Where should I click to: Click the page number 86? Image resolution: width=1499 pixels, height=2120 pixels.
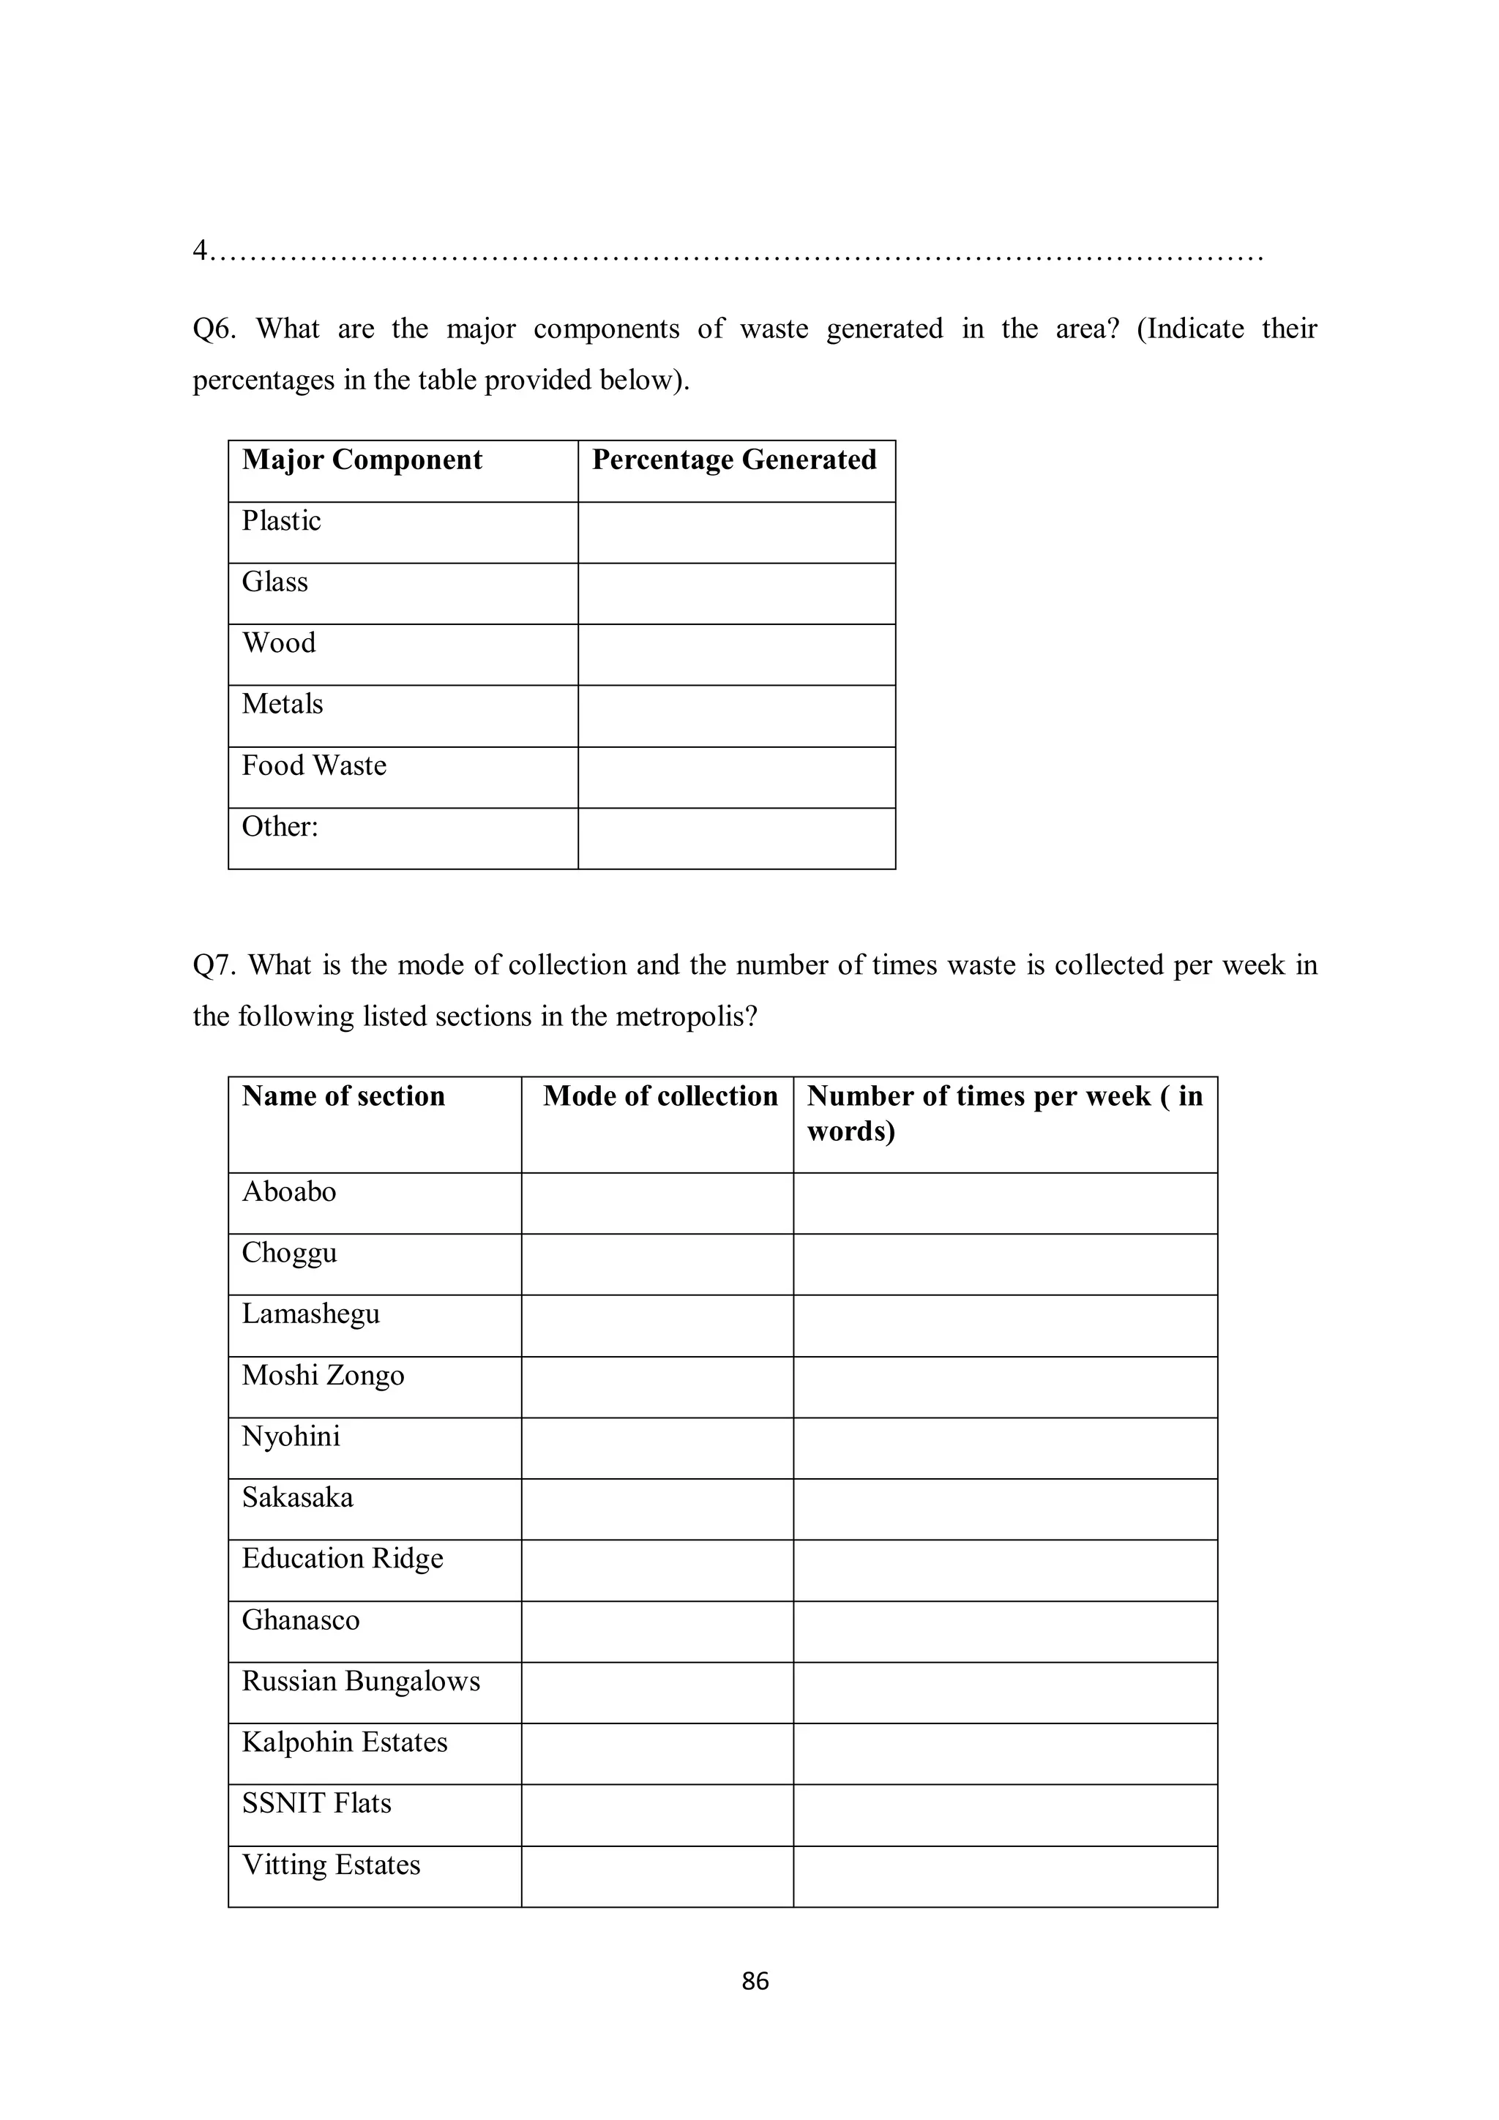tap(755, 1980)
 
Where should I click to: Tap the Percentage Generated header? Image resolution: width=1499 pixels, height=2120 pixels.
tap(733, 460)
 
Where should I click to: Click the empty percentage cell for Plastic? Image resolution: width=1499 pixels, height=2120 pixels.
tap(736, 533)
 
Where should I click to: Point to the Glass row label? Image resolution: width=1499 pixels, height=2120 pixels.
tap(274, 582)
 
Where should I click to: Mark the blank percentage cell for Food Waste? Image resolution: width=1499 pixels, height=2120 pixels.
tap(736, 777)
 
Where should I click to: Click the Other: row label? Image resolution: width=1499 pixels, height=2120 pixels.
tap(280, 826)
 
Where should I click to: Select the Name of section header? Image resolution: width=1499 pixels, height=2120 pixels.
tap(343, 1096)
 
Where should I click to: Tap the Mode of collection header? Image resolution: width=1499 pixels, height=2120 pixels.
tap(659, 1096)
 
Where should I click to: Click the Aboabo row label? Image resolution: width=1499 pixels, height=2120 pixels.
tap(288, 1192)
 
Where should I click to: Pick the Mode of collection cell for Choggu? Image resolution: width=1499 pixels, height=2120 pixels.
tap(657, 1264)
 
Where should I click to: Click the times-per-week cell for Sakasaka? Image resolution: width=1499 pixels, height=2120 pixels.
tap(1004, 1509)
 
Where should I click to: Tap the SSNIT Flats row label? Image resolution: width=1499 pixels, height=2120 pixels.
tap(316, 1803)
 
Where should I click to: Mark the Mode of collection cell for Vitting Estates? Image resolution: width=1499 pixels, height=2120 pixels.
tap(657, 1876)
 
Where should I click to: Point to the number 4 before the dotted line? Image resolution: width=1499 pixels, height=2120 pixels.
tap(200, 250)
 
